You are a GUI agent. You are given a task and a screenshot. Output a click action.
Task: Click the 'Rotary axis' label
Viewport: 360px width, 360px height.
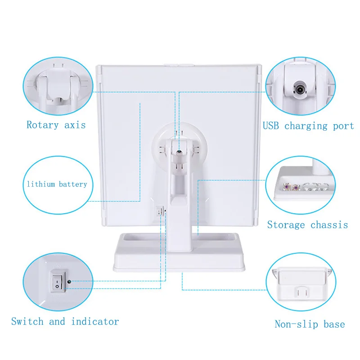tap(56, 125)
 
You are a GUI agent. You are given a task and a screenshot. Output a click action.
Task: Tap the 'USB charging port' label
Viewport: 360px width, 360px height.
tap(308, 126)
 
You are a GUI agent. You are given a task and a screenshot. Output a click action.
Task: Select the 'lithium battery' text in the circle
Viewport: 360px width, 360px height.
tap(57, 184)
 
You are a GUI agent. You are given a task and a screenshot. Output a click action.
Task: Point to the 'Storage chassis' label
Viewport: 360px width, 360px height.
tap(307, 225)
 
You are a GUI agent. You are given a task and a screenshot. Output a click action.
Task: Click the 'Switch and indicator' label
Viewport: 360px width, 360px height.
tap(65, 321)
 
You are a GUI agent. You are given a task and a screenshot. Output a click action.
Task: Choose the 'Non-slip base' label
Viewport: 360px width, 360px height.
tap(310, 324)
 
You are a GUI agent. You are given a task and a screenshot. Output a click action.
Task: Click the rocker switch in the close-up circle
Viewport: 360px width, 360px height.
tap(58, 281)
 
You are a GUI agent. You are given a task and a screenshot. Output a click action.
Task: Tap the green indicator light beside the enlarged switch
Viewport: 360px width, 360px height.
tap(69, 282)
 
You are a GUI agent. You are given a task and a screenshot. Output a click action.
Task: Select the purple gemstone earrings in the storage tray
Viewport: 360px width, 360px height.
tap(291, 187)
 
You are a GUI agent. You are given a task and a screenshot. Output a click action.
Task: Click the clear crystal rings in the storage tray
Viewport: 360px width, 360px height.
tap(315, 186)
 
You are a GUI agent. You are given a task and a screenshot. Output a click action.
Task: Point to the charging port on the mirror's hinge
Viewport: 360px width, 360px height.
tap(179, 152)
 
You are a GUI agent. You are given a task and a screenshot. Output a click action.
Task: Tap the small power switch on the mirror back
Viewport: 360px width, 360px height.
tap(160, 211)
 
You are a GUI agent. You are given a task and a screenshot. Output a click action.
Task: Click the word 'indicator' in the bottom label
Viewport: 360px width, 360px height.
tap(95, 321)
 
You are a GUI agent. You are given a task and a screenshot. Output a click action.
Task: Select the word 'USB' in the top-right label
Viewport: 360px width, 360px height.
tap(271, 126)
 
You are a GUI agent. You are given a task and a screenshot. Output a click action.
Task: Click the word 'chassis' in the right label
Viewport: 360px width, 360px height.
tap(329, 225)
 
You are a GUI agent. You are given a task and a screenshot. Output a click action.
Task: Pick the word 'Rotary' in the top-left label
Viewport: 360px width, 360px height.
tap(42, 126)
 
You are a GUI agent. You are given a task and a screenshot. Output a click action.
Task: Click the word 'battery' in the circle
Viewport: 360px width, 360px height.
tap(73, 184)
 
